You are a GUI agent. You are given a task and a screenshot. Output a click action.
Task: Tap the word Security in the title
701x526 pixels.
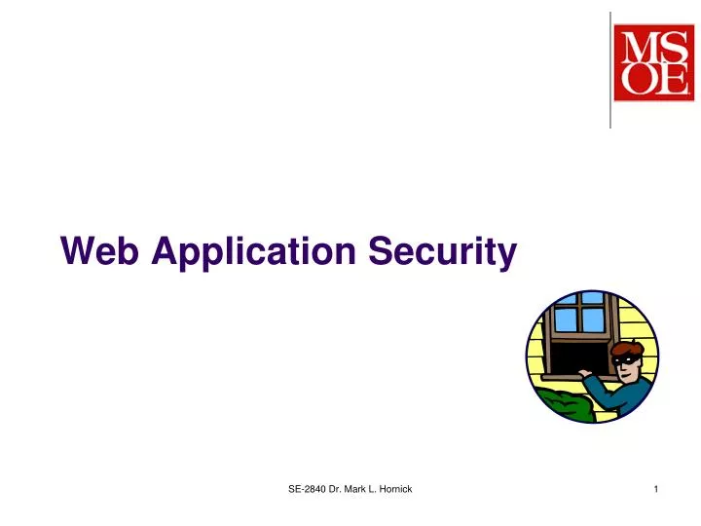coord(442,253)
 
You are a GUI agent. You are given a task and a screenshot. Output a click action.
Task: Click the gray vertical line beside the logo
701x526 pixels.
coord(610,68)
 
